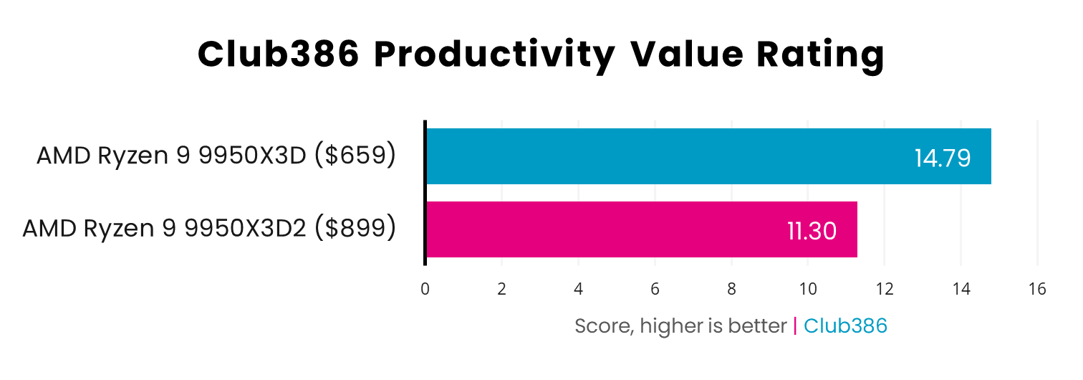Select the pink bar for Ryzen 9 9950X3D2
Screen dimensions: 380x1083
(641, 229)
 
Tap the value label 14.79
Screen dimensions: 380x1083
(942, 158)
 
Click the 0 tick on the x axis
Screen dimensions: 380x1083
(425, 289)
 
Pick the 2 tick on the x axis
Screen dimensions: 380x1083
(501, 289)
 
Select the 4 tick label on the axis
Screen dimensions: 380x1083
(578, 289)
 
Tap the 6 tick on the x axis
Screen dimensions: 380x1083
(655, 289)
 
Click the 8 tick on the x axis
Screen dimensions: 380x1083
(731, 289)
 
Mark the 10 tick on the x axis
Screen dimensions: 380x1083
(808, 289)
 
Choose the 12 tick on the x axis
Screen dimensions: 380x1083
(884, 289)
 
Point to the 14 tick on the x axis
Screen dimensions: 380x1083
(961, 289)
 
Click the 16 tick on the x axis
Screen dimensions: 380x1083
(1037, 289)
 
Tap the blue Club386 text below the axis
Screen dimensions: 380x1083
(845, 326)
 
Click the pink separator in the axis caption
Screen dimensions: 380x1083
(795, 326)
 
